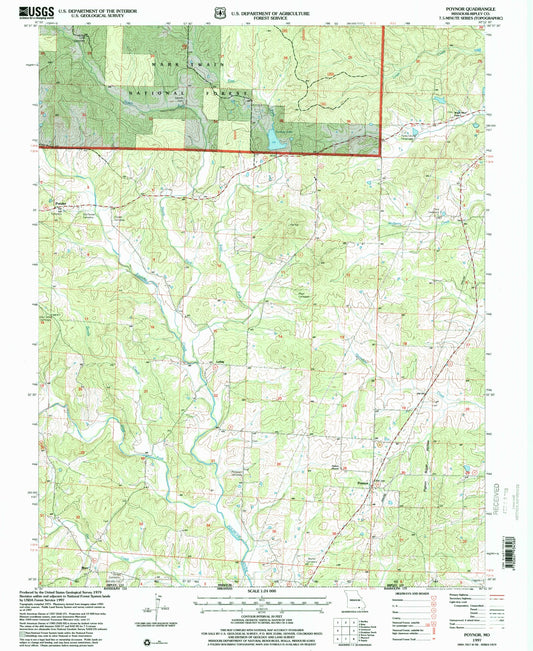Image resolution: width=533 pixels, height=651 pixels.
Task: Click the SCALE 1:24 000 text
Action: (x=258, y=592)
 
